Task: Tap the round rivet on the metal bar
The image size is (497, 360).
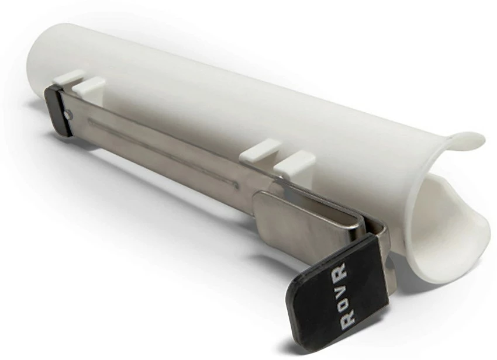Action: [70, 115]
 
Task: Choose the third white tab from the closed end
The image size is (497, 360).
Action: [258, 150]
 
